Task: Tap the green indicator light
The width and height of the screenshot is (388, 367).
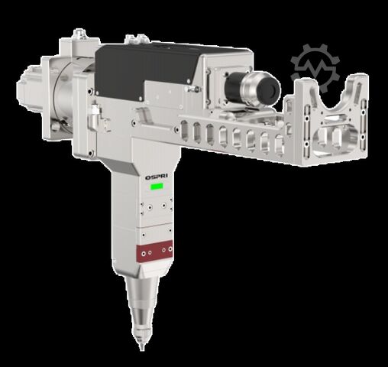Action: coord(158,185)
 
